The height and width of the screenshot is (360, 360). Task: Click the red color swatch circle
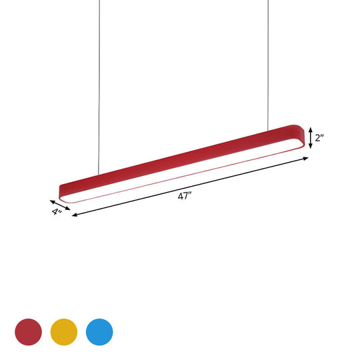(x=29, y=330)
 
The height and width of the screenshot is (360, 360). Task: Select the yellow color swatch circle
(x=64, y=330)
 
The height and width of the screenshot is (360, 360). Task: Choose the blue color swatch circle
(x=99, y=330)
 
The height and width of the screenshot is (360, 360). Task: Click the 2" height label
(x=319, y=138)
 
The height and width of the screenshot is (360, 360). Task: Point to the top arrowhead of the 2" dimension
(x=310, y=130)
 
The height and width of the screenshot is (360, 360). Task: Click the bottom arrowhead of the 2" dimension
(x=310, y=147)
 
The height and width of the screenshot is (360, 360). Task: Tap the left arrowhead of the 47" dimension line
(x=73, y=216)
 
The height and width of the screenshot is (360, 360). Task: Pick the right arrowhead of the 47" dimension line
(x=308, y=158)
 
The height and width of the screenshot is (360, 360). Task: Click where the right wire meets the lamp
(x=269, y=129)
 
